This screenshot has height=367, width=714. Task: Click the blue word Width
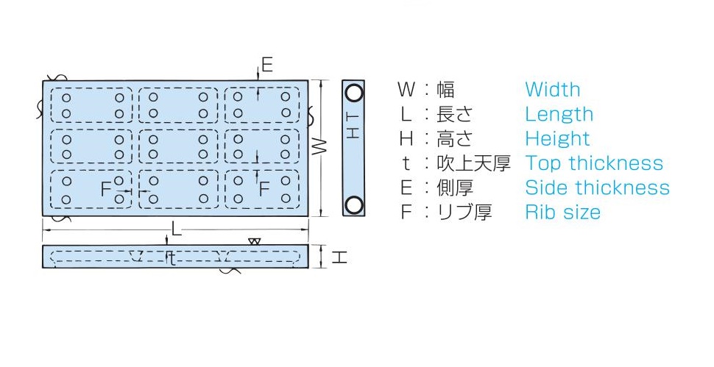(x=552, y=90)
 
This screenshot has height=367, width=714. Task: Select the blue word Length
(x=559, y=114)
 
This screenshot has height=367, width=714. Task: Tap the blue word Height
(x=557, y=139)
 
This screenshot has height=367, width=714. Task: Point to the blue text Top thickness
(x=594, y=163)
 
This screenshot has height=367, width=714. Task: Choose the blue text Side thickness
(x=597, y=188)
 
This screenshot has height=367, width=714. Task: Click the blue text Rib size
(x=563, y=213)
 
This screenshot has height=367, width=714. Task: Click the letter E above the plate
(x=267, y=65)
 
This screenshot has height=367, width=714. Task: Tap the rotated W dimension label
(x=320, y=146)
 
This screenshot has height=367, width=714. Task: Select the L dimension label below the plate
(x=176, y=229)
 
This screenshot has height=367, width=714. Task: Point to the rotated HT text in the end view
(x=353, y=126)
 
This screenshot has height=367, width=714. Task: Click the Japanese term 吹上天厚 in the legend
(x=473, y=163)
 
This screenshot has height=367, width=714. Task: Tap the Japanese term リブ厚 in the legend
(x=464, y=213)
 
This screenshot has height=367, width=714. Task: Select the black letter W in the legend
(x=406, y=90)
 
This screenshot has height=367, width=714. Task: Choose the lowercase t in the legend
(x=406, y=163)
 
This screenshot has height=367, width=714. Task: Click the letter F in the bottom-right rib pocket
(x=264, y=188)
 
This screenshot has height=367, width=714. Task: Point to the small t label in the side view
(x=172, y=259)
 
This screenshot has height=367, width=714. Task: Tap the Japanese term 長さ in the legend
(x=453, y=114)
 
